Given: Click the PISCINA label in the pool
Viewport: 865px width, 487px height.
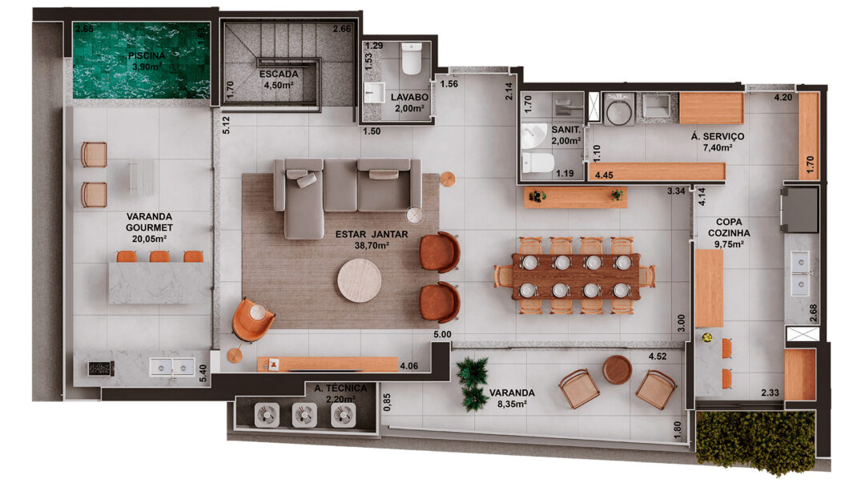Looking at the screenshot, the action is [147, 56].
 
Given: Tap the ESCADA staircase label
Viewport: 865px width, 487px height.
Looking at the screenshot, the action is [279, 74].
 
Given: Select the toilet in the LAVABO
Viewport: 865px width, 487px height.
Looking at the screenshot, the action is [411, 59].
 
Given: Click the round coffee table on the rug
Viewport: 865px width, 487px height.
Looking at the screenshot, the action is [359, 280].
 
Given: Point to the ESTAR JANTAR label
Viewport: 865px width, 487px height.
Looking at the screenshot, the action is [372, 235].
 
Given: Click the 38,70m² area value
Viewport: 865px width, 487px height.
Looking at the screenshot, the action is [372, 245].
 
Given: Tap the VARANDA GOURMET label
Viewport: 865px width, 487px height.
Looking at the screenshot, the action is [149, 222].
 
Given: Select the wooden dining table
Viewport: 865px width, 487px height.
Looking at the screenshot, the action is [576, 276].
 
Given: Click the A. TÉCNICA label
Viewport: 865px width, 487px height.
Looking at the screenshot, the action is [340, 388].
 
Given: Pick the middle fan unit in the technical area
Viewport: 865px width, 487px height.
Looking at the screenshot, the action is [304, 415].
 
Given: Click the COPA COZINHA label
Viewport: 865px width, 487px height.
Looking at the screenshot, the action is [729, 227].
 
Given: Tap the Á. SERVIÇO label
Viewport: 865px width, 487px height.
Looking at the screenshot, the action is [718, 136].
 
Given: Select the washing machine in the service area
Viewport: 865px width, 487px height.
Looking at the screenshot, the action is [618, 109].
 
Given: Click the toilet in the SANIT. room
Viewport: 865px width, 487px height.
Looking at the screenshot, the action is [537, 163].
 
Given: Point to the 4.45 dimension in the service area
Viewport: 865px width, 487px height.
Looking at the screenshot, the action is [604, 175].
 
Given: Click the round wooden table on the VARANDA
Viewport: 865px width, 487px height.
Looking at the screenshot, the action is [617, 369].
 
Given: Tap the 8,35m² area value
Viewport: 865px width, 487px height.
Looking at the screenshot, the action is [512, 404].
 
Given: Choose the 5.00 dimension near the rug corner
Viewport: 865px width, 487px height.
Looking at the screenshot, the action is [442, 334].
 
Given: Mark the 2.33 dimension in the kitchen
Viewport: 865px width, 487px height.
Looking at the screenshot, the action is [770, 392].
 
